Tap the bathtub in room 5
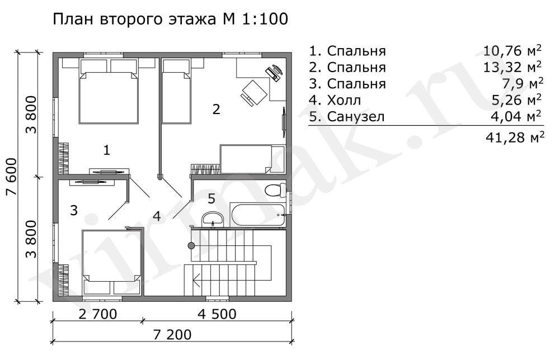pyautogui.click(x=257, y=215)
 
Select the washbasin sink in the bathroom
pyautogui.click(x=212, y=219)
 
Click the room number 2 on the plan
pyautogui.click(x=216, y=109)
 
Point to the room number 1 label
pyautogui.click(x=106, y=150)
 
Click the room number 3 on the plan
pyautogui.click(x=74, y=210)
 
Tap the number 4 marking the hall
pyautogui.click(x=157, y=216)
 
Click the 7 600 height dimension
pyautogui.click(x=11, y=177)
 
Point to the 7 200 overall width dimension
pyautogui.click(x=172, y=334)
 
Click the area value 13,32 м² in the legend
pyautogui.click(x=512, y=67)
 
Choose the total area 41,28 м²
pyautogui.click(x=515, y=137)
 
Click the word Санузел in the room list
pyautogui.click(x=356, y=117)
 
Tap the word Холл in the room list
pyautogui.click(x=344, y=101)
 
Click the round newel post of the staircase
pyautogui.click(x=191, y=245)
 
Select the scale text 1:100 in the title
pyautogui.click(x=265, y=19)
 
